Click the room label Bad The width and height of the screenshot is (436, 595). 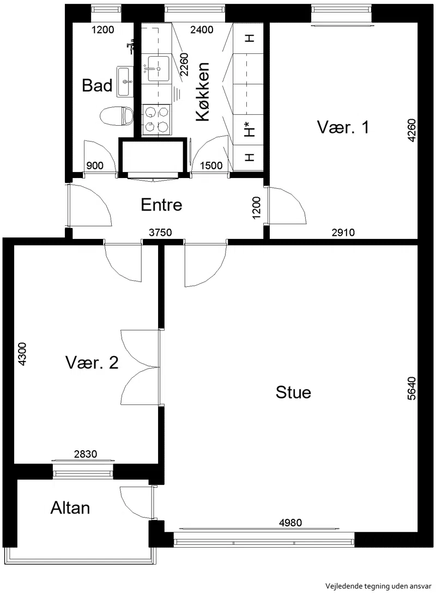pos(97,85)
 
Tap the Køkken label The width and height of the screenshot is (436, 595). pos(203,92)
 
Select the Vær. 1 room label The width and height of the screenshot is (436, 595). pos(343,127)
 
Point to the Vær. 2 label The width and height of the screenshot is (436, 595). pos(92,363)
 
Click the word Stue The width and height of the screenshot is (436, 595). pos(293,392)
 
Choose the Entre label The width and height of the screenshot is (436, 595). pos(161,205)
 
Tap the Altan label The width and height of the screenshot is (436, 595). pos(70,508)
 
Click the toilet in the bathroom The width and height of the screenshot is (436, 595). pos(116,116)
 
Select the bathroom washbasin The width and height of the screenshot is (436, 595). pos(125,81)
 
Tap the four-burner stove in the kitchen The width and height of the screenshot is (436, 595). pos(156,120)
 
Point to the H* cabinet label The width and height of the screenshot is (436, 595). pos(249,130)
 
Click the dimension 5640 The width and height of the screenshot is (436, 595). pos(411,388)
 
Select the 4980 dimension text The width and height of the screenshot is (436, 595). pos(290,523)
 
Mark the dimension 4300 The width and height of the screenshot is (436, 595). pos(22,354)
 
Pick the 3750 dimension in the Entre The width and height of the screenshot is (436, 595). pos(160,232)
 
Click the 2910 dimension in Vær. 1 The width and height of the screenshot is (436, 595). pos(343,232)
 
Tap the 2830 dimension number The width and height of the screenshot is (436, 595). pos(86,454)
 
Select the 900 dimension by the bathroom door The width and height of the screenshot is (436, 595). pos(95,165)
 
